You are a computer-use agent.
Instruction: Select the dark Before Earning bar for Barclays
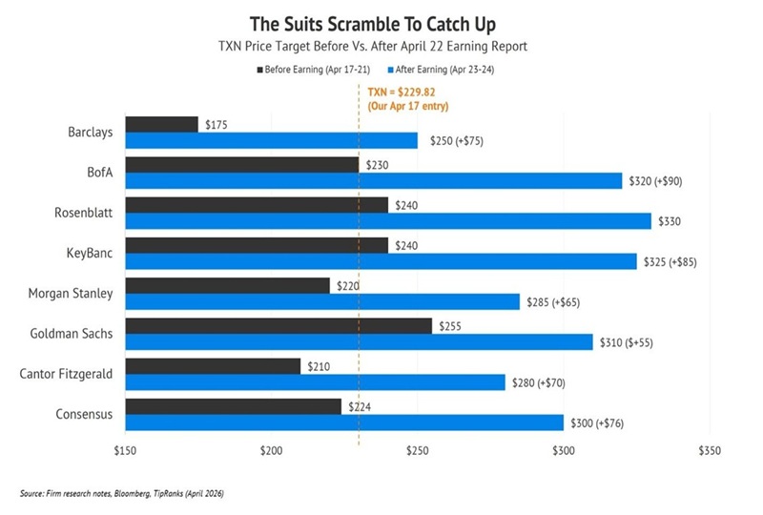click(x=161, y=124)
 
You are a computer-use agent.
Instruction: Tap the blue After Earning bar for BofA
click(x=373, y=181)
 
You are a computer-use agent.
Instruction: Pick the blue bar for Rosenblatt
click(x=387, y=221)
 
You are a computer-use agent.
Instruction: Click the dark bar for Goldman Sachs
click(x=278, y=325)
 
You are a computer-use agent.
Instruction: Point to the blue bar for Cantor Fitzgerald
click(x=315, y=382)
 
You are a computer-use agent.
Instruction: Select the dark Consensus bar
click(x=233, y=406)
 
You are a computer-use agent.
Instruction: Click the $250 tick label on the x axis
click(x=418, y=450)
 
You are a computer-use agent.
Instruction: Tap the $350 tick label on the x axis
click(x=710, y=450)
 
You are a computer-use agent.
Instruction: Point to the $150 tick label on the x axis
click(x=125, y=450)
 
